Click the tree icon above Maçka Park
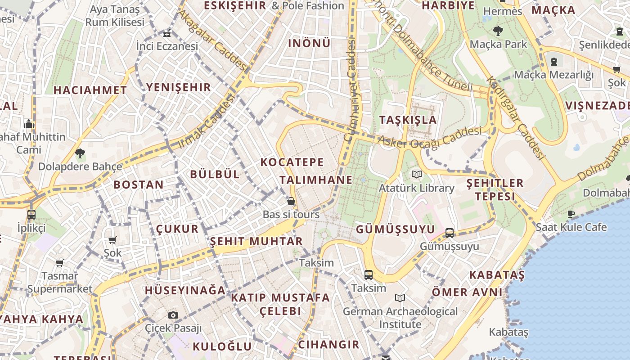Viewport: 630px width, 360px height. (x=498, y=31)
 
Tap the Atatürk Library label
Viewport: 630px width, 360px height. (x=416, y=188)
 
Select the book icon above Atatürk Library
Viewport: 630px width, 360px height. (x=417, y=174)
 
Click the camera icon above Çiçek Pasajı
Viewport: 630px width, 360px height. (x=173, y=315)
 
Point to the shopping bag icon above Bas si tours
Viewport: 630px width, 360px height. (x=291, y=201)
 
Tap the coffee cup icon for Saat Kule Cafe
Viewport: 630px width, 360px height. (x=571, y=214)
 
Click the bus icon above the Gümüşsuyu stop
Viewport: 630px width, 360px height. (x=449, y=233)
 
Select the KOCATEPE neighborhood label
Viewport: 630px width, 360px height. (x=292, y=162)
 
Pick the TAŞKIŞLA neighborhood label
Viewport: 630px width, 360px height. (x=408, y=120)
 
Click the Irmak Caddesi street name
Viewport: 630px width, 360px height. (x=207, y=121)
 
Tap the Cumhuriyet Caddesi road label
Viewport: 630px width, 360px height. (x=350, y=90)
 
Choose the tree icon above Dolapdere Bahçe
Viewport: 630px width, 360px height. (x=80, y=153)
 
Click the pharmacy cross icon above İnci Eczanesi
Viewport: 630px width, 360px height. (x=167, y=33)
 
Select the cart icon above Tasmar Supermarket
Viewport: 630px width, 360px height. (x=59, y=263)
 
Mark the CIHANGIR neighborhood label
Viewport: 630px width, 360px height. (x=329, y=345)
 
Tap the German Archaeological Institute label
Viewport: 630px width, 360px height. (x=400, y=317)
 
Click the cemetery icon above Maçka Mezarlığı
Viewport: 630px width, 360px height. (x=554, y=62)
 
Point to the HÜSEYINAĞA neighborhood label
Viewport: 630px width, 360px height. (x=185, y=291)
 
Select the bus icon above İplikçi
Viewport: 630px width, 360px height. (x=31, y=214)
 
